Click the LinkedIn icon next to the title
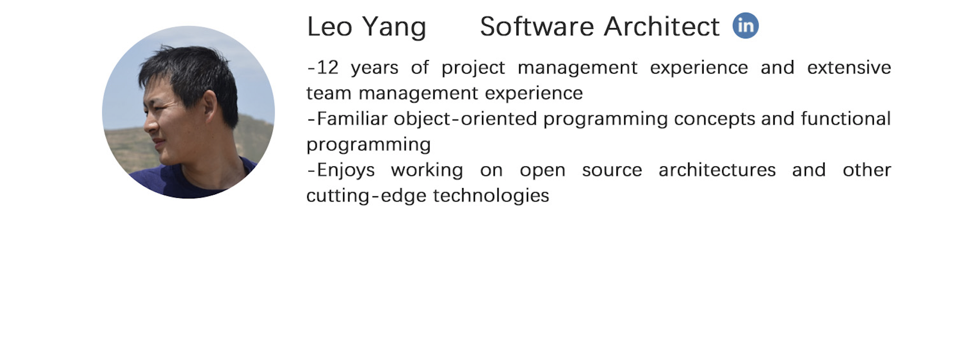coord(745,25)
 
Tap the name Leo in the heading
coord(330,26)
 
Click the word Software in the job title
coord(537,26)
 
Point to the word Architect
coord(662,26)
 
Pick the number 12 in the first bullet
coord(327,67)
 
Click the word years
coord(375,68)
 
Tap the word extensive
coord(849,67)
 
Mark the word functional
coord(846,118)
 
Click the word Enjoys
coord(346,171)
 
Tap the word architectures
coord(717,170)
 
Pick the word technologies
coord(491,196)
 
